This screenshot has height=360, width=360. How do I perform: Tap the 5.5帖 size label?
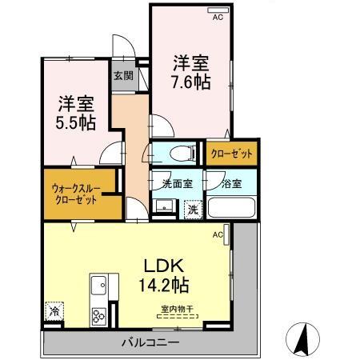tap(76, 122)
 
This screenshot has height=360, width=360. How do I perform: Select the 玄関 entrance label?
tap(123, 76)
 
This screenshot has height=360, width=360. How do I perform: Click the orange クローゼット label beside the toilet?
tap(231, 152)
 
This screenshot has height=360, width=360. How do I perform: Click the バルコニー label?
tap(150, 342)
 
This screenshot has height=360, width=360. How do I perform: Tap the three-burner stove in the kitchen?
tap(99, 313)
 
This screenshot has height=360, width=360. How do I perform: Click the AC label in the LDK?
tap(217, 235)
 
